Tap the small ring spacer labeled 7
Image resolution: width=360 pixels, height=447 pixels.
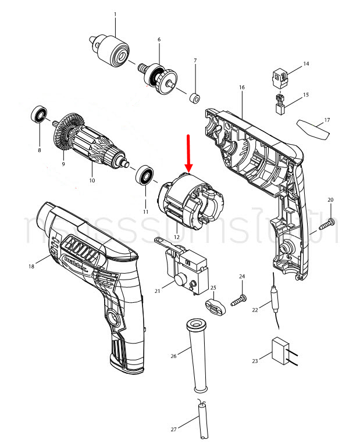pyautogui.click(x=194, y=95)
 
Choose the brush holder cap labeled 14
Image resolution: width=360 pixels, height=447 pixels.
pyautogui.click(x=281, y=76)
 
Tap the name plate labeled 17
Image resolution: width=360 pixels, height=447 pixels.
pyautogui.click(x=313, y=127)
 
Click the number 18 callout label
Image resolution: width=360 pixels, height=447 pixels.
pyautogui.click(x=31, y=266)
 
